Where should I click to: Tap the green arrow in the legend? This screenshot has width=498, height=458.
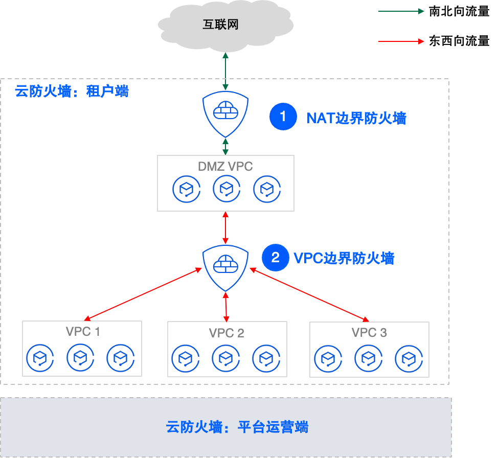(x=401, y=11)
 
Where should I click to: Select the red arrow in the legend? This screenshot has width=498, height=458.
(x=401, y=41)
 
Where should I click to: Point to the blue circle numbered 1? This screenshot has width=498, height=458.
(x=283, y=117)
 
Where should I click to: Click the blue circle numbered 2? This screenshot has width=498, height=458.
(x=276, y=258)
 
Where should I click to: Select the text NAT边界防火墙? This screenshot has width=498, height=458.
(x=356, y=118)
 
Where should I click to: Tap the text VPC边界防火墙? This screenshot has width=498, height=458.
(x=344, y=258)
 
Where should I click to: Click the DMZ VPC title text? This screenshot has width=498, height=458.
(x=225, y=166)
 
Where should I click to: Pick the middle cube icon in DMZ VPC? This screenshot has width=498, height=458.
(x=225, y=189)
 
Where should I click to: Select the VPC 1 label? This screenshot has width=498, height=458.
(x=83, y=332)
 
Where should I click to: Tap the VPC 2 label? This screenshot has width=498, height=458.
(x=227, y=333)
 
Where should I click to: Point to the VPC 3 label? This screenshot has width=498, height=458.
(x=369, y=333)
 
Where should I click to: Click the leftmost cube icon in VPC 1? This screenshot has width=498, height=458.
(x=40, y=358)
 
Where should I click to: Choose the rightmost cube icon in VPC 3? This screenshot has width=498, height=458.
(x=408, y=359)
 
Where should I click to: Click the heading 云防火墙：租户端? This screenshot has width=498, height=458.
(x=72, y=91)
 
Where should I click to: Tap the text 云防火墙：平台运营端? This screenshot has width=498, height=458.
(x=237, y=427)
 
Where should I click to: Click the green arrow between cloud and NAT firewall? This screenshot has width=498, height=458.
(x=225, y=72)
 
